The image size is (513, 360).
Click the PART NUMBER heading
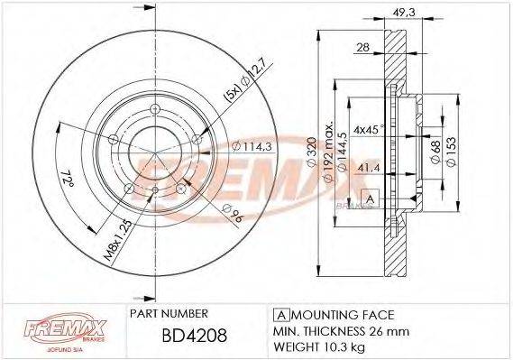[170, 313]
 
